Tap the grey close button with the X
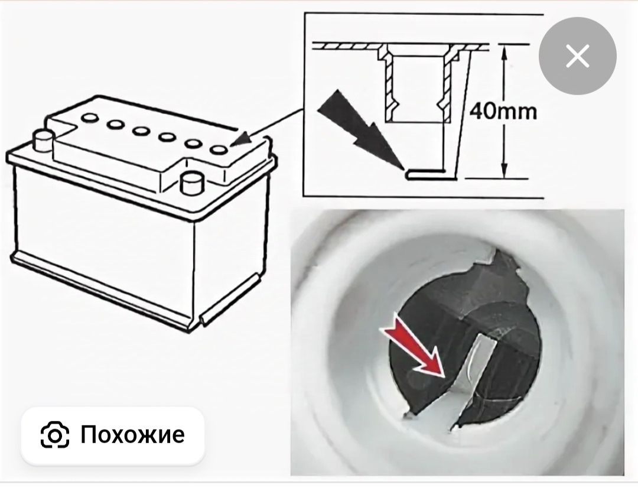click(577, 56)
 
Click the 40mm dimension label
click(503, 111)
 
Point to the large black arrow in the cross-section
click(361, 130)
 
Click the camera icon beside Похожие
click(55, 435)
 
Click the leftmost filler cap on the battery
click(89, 118)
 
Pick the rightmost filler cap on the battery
click(219, 150)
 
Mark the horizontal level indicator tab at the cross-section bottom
click(431, 174)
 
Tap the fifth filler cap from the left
click(193, 144)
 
